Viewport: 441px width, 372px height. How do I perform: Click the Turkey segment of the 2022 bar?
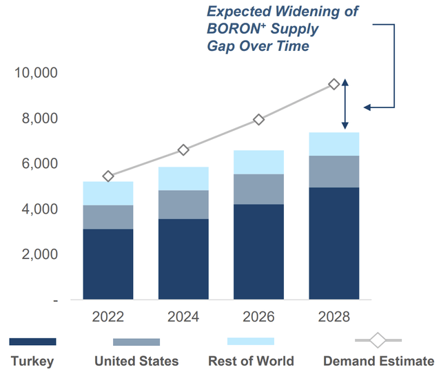[x=107, y=265]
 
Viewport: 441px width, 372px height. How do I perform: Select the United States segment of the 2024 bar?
[x=183, y=205]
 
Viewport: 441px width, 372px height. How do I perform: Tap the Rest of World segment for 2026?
[x=258, y=162]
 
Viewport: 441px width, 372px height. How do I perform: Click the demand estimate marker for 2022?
[x=107, y=176]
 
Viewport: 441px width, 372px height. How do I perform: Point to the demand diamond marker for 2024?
[x=183, y=149]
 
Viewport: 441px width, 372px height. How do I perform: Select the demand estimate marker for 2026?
[x=258, y=119]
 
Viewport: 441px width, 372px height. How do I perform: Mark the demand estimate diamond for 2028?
[x=334, y=84]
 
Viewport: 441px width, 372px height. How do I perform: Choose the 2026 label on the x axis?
[x=258, y=318]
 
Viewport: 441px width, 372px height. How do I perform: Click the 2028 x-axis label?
[x=334, y=318]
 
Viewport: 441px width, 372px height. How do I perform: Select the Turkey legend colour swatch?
[x=32, y=342]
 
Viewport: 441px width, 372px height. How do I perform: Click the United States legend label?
[x=136, y=361]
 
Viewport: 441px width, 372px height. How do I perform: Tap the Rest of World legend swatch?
[x=250, y=342]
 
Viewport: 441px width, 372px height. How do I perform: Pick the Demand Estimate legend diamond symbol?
[x=378, y=341]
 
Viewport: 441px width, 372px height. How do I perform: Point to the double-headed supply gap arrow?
[x=346, y=104]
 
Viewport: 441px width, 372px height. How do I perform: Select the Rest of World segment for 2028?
[x=334, y=144]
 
